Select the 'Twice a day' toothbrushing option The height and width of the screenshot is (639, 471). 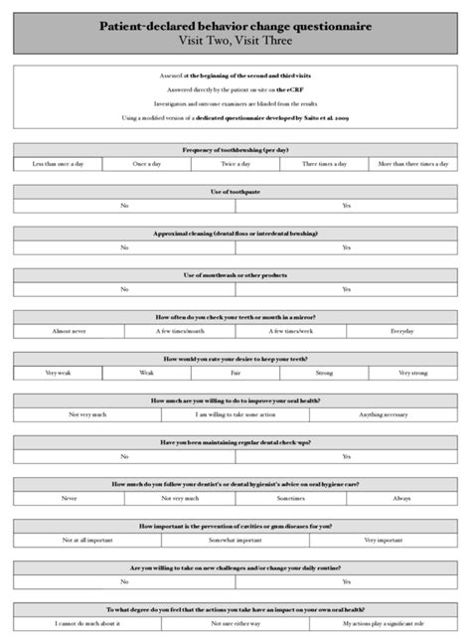tap(235, 164)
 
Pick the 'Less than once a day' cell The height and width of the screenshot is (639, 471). tap(58, 164)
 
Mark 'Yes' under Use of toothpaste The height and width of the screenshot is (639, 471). tap(346, 206)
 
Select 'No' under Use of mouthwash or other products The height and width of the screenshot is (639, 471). tap(124, 289)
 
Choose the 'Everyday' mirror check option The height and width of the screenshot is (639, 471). tap(402, 331)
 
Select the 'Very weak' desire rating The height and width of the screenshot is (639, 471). tap(58, 373)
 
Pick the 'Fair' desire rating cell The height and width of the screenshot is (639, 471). tap(235, 373)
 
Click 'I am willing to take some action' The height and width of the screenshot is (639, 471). tap(235, 414)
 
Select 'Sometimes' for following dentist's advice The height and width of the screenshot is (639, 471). tap(291, 498)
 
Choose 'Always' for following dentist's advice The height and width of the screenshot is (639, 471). tap(402, 498)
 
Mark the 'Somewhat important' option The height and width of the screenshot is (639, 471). tap(235, 540)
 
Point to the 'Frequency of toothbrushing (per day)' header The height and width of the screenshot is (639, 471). tap(235, 149)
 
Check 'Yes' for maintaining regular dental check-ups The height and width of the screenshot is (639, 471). tap(346, 456)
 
